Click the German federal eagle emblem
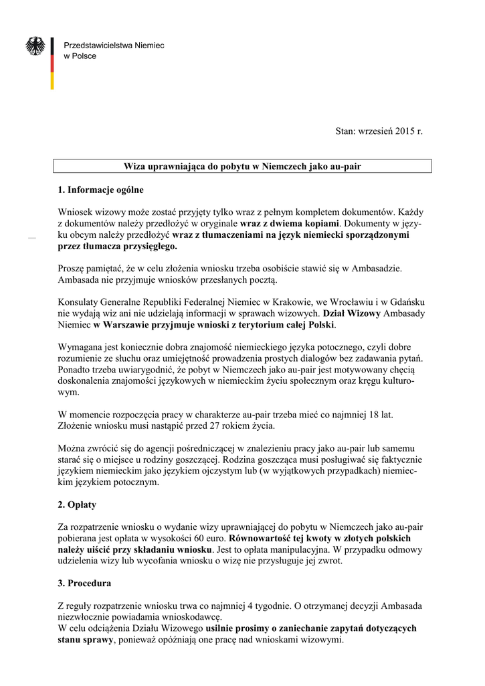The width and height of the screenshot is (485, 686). click(x=35, y=46)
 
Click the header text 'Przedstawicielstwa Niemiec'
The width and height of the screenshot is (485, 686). click(x=113, y=45)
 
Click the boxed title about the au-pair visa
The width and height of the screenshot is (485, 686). click(x=243, y=165)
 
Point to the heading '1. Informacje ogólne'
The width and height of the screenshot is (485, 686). click(x=100, y=190)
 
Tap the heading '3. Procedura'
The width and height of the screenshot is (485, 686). click(x=85, y=583)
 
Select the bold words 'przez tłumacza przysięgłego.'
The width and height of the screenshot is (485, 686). click(x=118, y=247)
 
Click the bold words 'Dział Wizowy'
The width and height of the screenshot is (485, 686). click(x=351, y=314)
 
